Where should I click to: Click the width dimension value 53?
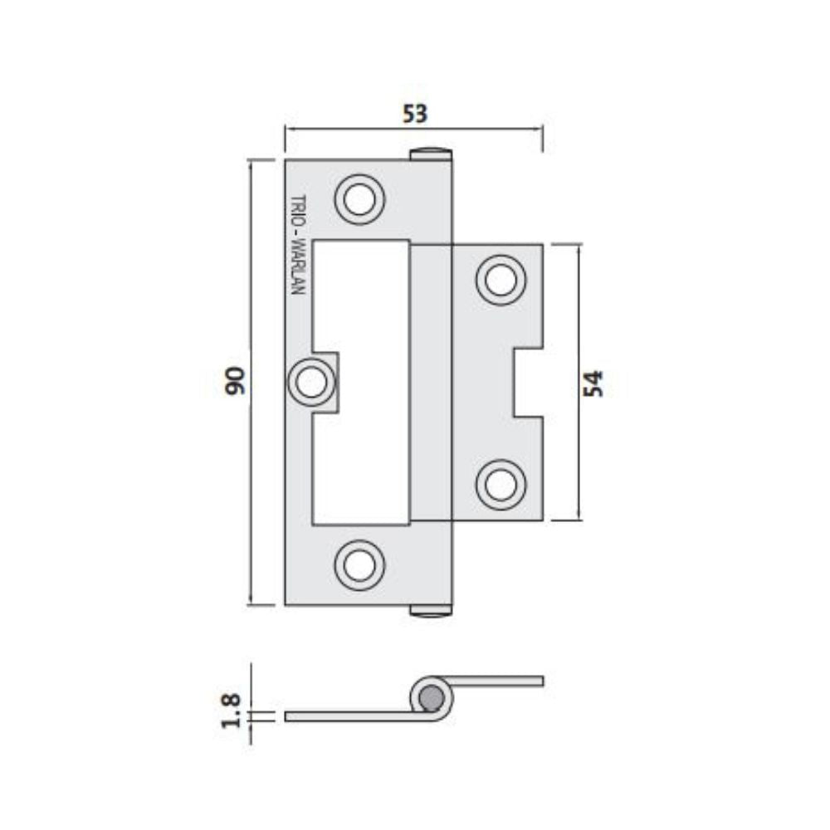[414, 114]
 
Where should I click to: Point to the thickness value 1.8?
[232, 710]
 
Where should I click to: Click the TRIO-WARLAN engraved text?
[299, 246]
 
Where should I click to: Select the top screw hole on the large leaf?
[360, 200]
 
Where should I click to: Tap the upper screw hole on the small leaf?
[500, 281]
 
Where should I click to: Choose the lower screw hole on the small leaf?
[500, 484]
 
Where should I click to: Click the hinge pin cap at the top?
[432, 154]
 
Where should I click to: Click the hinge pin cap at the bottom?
[432, 611]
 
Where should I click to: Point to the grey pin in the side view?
[431, 699]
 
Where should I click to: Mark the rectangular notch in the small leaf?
[528, 383]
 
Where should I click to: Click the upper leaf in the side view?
[498, 681]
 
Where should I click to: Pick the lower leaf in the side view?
[349, 715]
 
